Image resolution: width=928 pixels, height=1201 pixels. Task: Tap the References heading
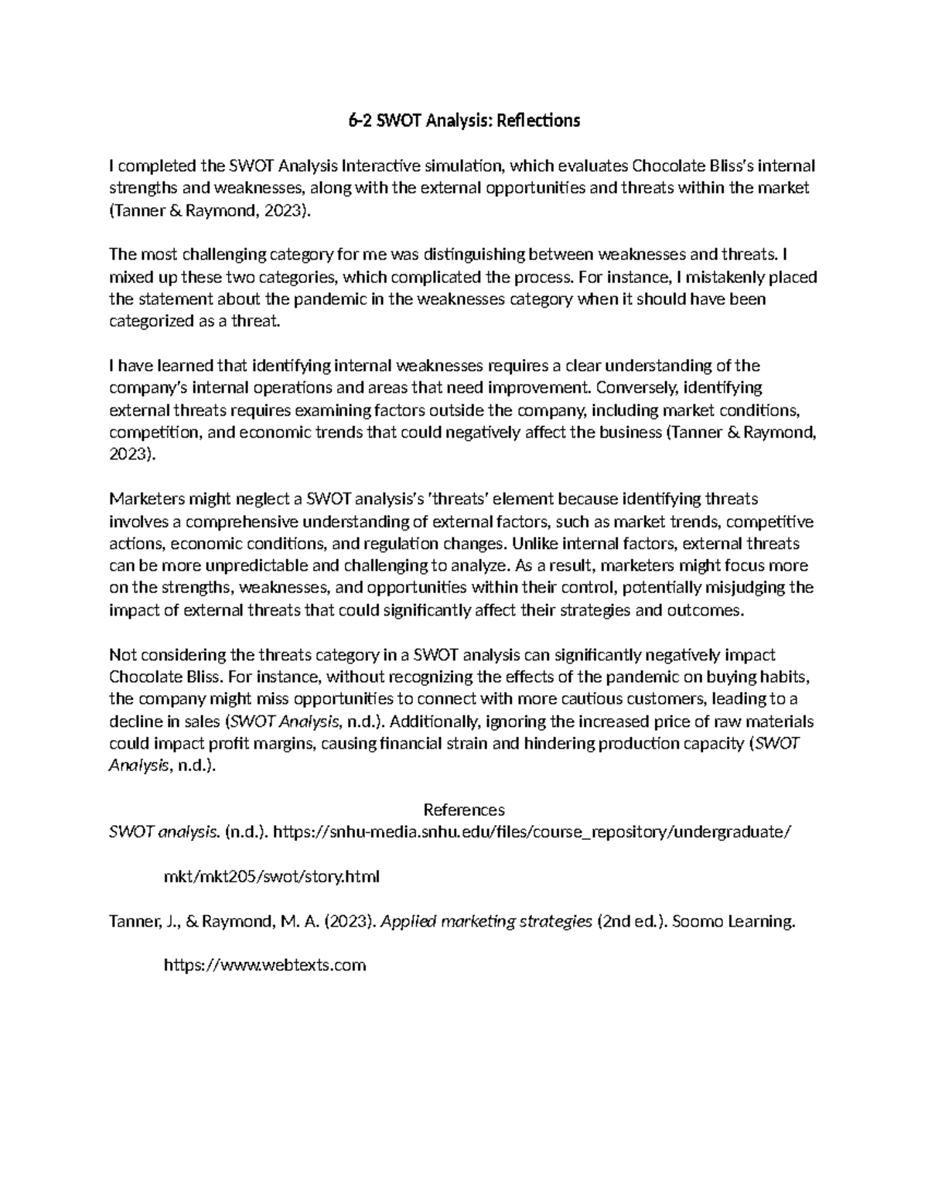tap(464, 810)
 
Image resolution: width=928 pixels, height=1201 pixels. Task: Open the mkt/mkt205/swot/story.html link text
tap(272, 878)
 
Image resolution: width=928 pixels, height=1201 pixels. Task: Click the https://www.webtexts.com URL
tap(264, 966)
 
